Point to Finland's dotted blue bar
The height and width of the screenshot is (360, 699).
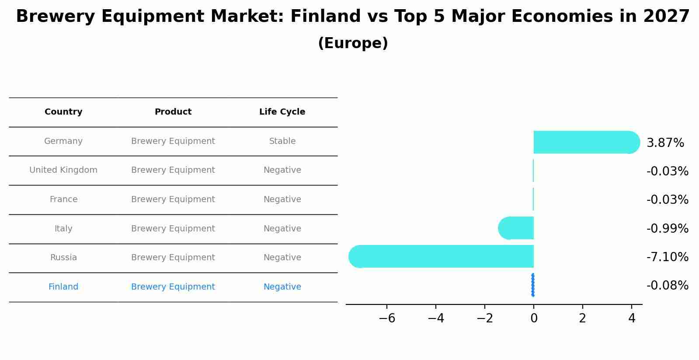pos(532,285)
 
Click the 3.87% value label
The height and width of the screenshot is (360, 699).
pos(665,143)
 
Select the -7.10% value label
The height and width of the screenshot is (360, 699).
pos(667,257)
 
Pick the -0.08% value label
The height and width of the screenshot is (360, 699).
pos(667,286)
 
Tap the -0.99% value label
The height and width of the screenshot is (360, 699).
pos(667,228)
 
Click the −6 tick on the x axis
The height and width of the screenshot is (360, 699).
pos(387,318)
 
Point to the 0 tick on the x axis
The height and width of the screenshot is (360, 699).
pos(533,318)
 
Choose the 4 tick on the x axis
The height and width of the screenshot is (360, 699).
pos(631,318)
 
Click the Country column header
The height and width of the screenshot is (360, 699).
pos(63,112)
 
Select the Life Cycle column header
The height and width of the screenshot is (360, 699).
pos(282,112)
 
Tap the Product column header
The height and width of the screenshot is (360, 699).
pos(173,112)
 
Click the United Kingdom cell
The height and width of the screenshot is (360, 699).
pos(63,170)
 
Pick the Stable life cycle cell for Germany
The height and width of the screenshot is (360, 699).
pos(282,141)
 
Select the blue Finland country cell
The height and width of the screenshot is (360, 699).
pos(63,287)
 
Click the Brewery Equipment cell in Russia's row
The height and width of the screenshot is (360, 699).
pos(173,258)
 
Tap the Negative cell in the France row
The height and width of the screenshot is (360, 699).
pos(282,199)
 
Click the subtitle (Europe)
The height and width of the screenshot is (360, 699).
pos(353,43)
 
